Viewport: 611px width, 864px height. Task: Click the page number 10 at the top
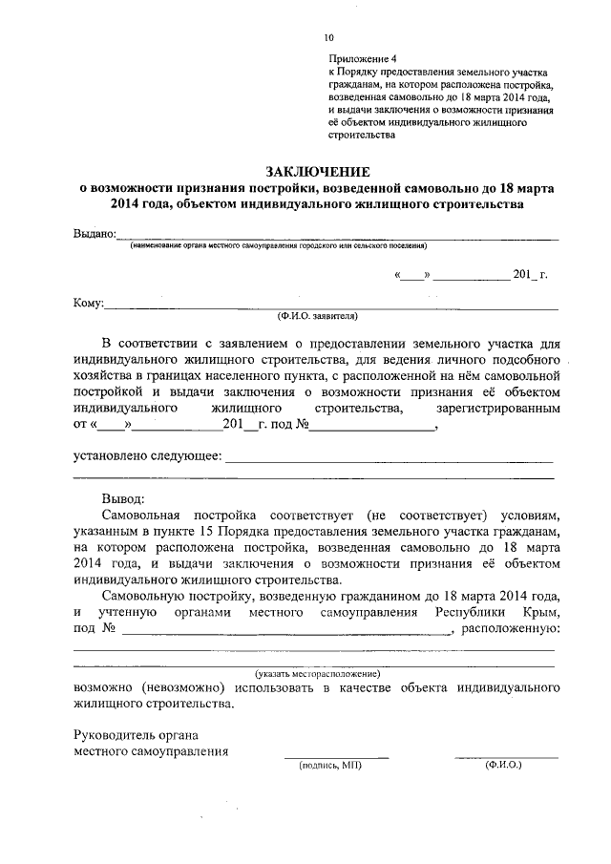pos(328,38)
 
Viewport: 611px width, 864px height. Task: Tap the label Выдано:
pos(95,235)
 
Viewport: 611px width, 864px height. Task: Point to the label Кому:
pos(88,305)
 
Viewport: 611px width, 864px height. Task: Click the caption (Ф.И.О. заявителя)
pos(317,315)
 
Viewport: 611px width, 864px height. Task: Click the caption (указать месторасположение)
pos(317,674)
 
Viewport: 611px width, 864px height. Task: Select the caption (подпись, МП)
pos(329,765)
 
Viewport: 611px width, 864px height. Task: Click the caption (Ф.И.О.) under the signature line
pos(503,765)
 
